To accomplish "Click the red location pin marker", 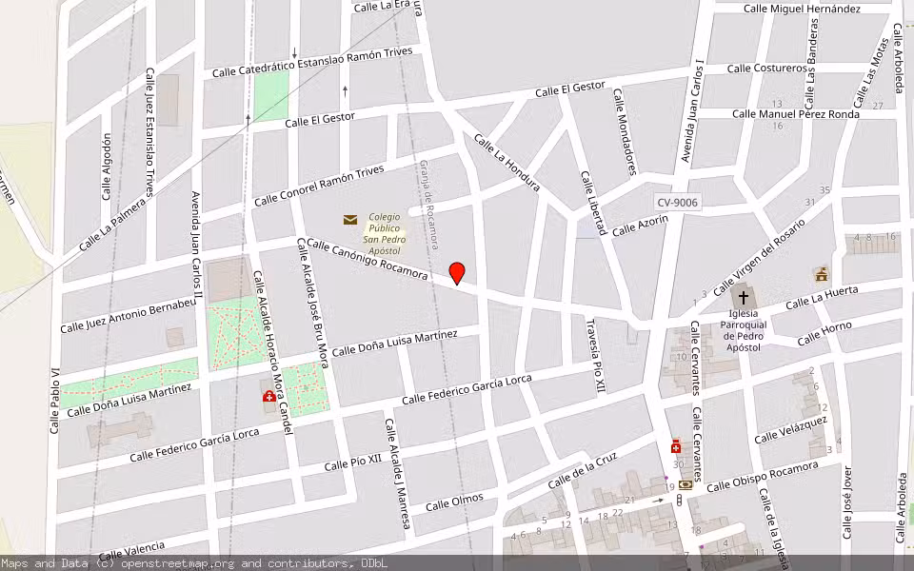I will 457,272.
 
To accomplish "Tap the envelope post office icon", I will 350,220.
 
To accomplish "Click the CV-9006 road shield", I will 677,203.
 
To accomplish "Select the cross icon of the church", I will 744,298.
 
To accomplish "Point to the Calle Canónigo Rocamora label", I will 367,259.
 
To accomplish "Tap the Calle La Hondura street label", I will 507,163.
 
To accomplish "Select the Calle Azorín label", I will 640,226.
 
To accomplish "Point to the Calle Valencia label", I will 131,551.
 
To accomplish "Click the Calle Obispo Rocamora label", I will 762,476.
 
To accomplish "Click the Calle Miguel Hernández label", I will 802,9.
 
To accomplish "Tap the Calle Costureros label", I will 767,69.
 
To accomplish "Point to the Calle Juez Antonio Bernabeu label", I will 128,315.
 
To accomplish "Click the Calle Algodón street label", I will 107,167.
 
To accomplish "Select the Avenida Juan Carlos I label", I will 691,112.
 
